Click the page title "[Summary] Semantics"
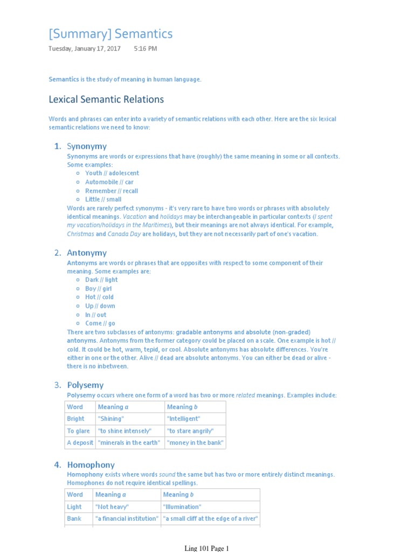click(111, 34)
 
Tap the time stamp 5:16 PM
click(146, 49)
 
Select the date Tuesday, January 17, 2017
click(85, 49)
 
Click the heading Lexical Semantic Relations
click(106, 99)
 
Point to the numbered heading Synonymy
click(86, 146)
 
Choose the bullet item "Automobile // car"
click(109, 182)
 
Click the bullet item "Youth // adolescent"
click(112, 174)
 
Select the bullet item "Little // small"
click(103, 199)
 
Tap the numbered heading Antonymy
click(86, 253)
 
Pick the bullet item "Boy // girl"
click(98, 289)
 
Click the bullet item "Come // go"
click(100, 323)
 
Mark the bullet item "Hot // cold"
click(99, 298)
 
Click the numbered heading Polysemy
click(85, 385)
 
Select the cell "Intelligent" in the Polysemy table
click(183, 419)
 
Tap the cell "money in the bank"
click(195, 443)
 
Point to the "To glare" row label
click(78, 431)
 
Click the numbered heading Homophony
click(91, 465)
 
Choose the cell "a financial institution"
click(127, 519)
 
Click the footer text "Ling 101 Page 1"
click(206, 548)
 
